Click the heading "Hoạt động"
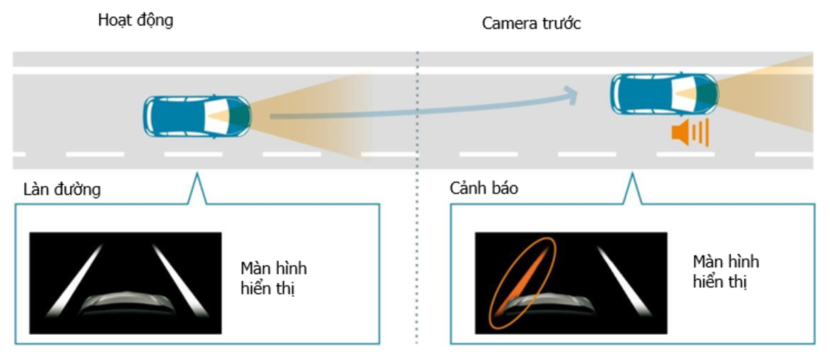(x=136, y=20)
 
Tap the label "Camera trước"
(x=531, y=24)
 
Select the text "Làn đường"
(x=61, y=190)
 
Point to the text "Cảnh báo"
(x=483, y=188)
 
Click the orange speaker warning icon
(x=689, y=132)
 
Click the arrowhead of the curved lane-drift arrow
(x=570, y=93)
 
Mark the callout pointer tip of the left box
(x=196, y=175)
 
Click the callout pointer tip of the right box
(x=632, y=175)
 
